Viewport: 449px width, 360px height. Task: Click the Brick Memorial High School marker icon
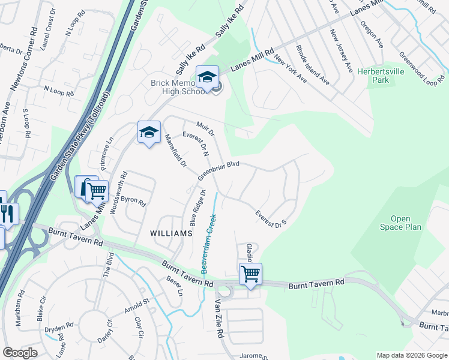tap(207, 77)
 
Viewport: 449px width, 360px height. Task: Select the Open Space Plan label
tap(400, 223)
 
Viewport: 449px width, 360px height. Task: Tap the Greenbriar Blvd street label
tap(219, 170)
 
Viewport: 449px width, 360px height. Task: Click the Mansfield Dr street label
tap(176, 151)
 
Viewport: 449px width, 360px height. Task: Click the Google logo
tap(20, 353)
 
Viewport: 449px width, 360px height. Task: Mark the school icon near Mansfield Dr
tap(148, 133)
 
